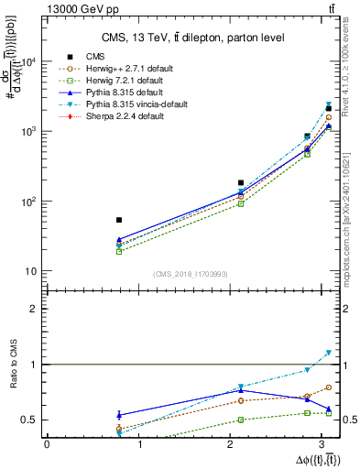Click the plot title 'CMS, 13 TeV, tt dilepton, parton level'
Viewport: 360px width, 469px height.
click(x=191, y=37)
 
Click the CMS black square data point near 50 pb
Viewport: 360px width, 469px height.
click(x=119, y=220)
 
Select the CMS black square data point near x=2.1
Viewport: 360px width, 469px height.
click(x=241, y=183)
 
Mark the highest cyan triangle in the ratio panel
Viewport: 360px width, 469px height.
click(x=329, y=353)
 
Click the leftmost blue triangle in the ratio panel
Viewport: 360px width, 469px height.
click(x=119, y=415)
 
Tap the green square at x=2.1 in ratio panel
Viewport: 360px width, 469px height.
click(x=241, y=420)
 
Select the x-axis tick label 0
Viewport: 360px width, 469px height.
click(x=47, y=443)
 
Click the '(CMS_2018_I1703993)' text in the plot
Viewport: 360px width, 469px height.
click(x=190, y=275)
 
